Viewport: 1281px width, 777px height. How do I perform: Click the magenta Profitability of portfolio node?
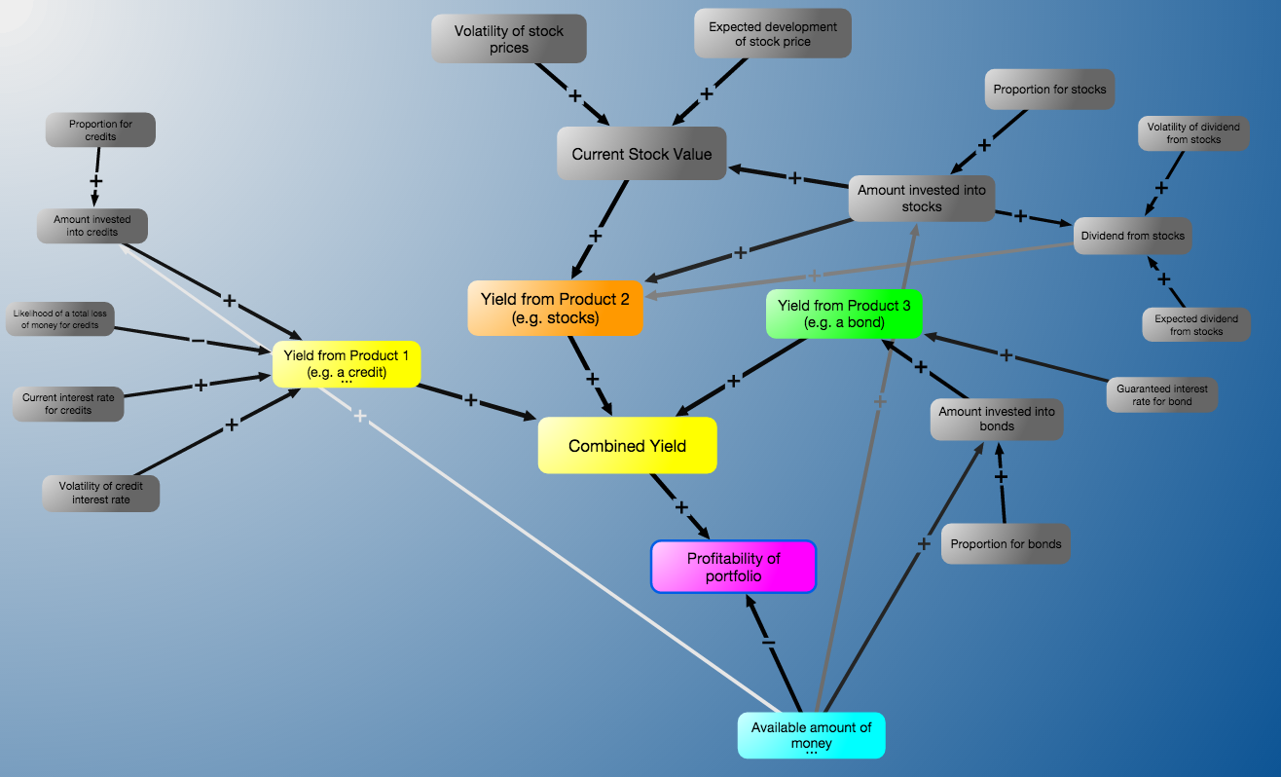(x=733, y=567)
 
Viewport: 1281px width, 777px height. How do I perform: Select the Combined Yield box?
(x=627, y=445)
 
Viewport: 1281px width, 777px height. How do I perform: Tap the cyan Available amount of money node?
(x=812, y=735)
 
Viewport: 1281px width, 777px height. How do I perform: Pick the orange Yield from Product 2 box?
(x=555, y=308)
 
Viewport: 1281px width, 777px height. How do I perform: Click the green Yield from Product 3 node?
(x=844, y=314)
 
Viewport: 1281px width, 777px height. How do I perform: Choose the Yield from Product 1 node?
(x=347, y=364)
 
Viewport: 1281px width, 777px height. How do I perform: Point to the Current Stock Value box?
(x=641, y=153)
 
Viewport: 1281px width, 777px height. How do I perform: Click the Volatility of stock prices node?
(x=509, y=39)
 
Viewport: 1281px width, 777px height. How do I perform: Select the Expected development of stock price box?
(x=773, y=33)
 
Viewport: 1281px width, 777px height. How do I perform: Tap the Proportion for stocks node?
(x=1049, y=90)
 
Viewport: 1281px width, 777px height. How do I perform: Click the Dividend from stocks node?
(x=1133, y=236)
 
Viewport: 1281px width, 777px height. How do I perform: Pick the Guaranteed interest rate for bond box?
(x=1162, y=394)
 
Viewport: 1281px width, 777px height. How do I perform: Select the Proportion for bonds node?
(x=1006, y=543)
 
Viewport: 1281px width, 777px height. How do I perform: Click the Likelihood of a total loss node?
(x=60, y=318)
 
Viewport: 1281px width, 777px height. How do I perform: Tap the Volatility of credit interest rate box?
(x=100, y=493)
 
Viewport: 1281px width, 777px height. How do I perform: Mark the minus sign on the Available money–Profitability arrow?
(x=769, y=643)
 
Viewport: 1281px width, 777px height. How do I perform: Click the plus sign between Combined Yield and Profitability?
(x=681, y=507)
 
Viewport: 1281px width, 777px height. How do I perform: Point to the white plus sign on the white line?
(x=360, y=416)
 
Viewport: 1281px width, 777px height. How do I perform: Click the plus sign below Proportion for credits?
(x=96, y=181)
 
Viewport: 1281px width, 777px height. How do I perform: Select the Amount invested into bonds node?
(x=997, y=419)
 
